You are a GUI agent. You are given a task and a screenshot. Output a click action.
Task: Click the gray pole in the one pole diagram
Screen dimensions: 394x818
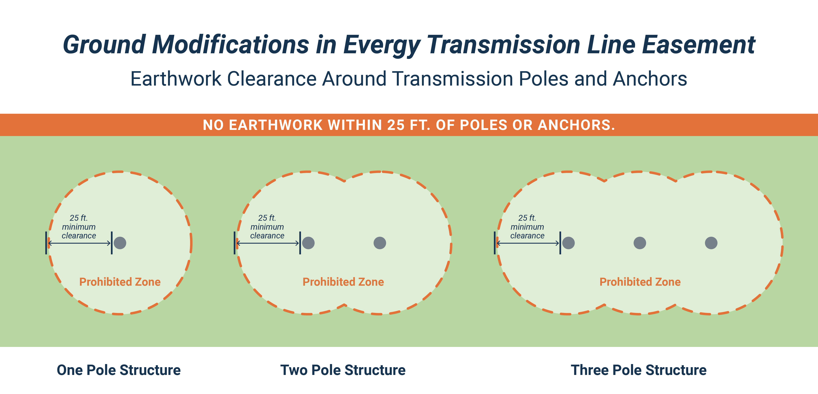(x=120, y=243)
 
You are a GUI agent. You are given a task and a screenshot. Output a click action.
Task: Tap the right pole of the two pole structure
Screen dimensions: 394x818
(x=380, y=243)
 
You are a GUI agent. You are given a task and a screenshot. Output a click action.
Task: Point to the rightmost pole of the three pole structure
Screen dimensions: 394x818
(x=711, y=243)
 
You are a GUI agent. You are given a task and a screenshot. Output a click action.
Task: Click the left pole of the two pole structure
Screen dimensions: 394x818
(x=308, y=243)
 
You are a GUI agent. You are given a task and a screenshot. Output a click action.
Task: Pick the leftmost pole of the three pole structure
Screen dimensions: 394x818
(x=568, y=243)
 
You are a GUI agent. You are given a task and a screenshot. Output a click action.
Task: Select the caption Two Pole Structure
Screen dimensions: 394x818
(x=343, y=370)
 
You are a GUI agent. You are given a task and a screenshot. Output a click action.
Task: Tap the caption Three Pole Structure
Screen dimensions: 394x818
(x=639, y=370)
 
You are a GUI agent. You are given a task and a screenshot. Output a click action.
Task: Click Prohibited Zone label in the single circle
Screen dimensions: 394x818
(x=120, y=282)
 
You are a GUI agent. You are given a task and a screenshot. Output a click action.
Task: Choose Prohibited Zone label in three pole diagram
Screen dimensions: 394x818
(x=640, y=282)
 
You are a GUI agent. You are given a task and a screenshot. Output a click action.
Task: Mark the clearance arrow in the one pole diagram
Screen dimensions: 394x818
(x=79, y=243)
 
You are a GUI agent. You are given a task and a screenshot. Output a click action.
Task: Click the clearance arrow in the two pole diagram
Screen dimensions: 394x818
(x=267, y=243)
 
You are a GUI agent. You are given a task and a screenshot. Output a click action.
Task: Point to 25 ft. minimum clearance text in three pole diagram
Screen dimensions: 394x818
(x=527, y=227)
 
